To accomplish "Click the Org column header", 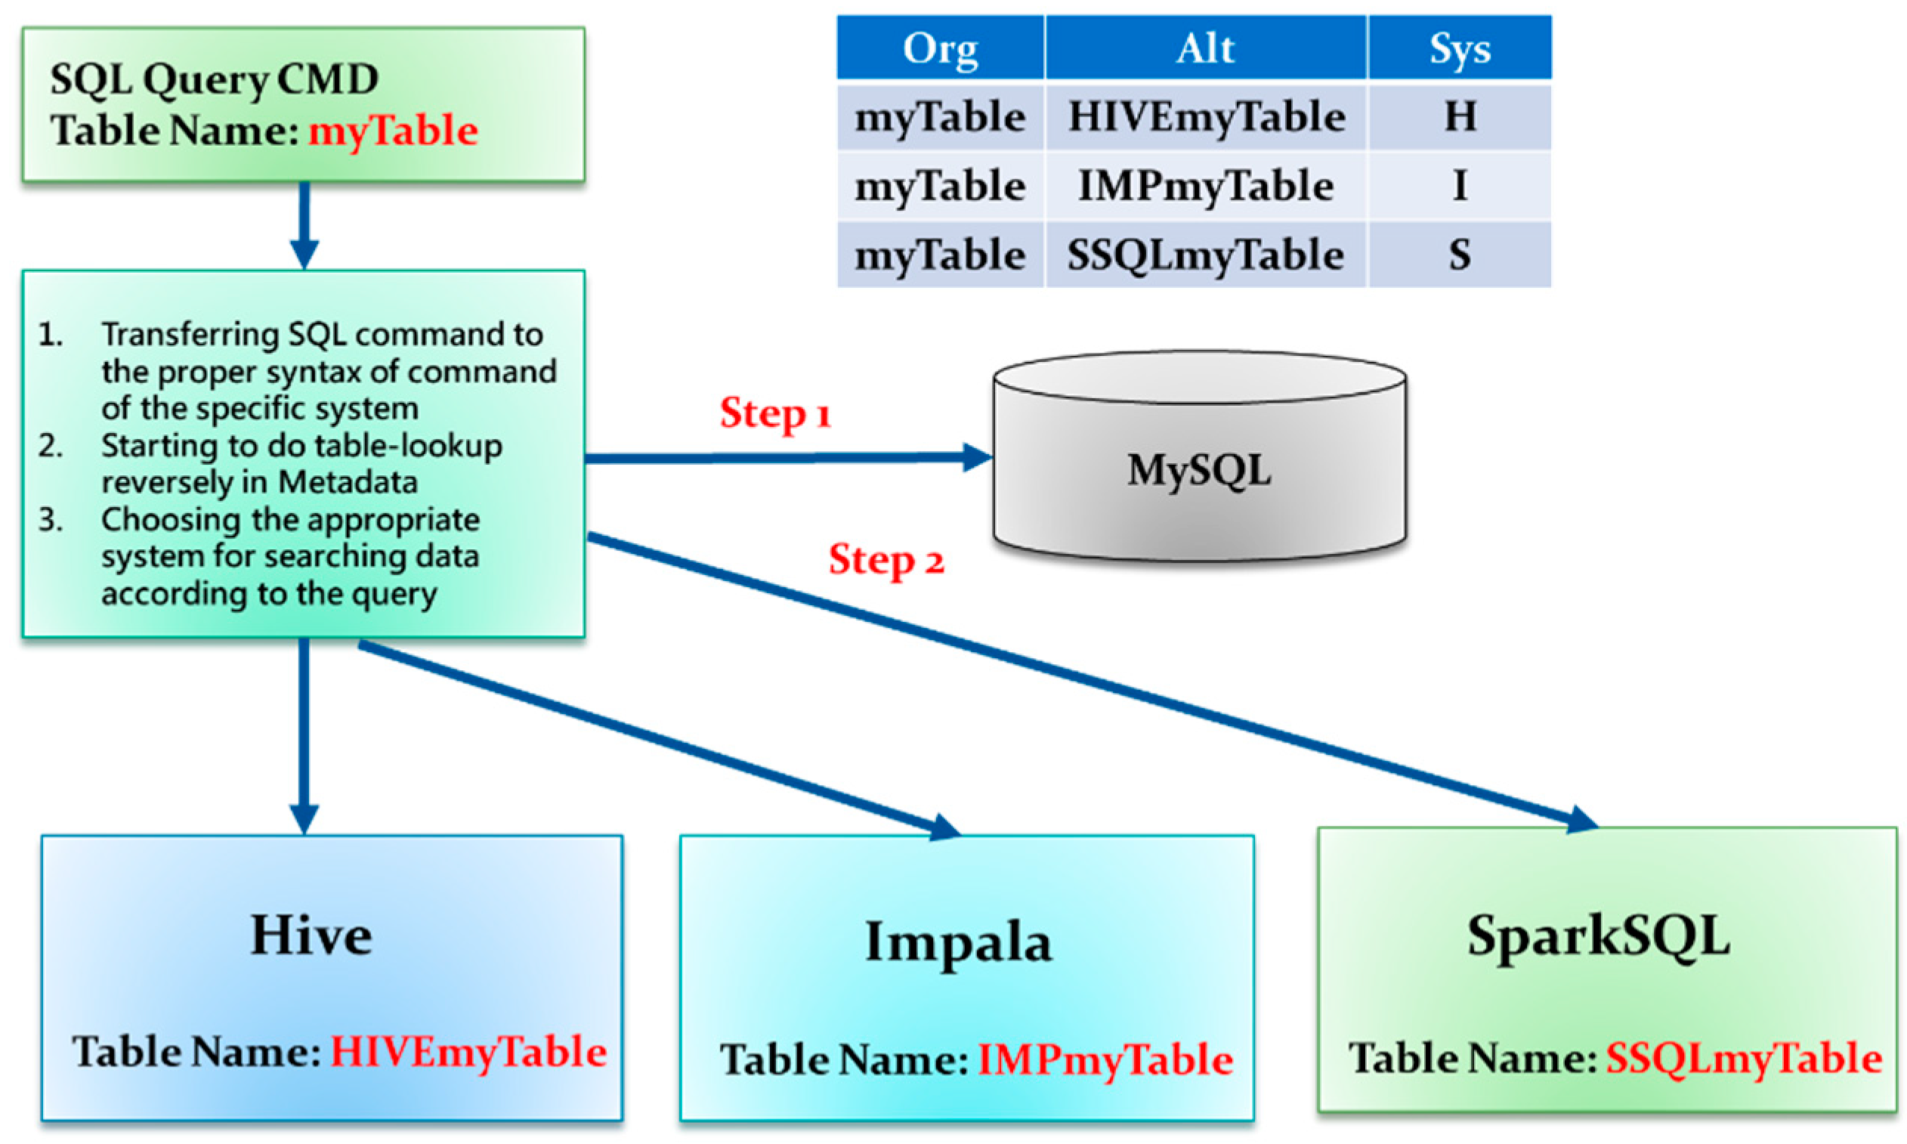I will click(x=940, y=48).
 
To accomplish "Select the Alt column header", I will click(x=1205, y=48).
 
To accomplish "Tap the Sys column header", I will click(x=1459, y=48).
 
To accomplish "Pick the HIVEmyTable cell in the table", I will click(x=1207, y=117).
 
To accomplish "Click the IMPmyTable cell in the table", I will click(x=1205, y=186).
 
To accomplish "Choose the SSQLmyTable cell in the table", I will click(x=1205, y=255).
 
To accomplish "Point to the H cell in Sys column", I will click(x=1459, y=117).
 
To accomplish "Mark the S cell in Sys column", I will click(x=1459, y=255).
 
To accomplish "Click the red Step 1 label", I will click(x=774, y=413).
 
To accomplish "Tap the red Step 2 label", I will click(x=886, y=560).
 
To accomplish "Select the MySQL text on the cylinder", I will click(x=1198, y=469).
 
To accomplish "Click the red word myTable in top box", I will click(x=393, y=129).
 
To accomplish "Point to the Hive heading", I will click(x=311, y=935).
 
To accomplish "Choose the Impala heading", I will click(x=958, y=941).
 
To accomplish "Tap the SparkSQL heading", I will click(x=1598, y=937).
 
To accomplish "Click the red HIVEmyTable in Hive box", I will click(x=468, y=1051).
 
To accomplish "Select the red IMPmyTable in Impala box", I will click(x=1105, y=1059).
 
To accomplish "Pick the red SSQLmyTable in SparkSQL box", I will click(x=1743, y=1057).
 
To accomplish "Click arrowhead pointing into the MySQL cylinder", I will click(x=978, y=456).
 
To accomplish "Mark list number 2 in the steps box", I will click(x=51, y=446).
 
